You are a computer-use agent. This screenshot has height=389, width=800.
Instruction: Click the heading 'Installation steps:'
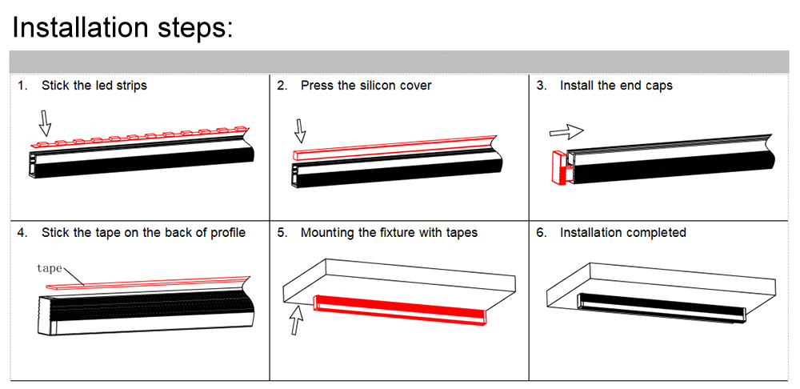122,27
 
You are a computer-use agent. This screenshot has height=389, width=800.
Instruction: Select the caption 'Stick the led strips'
94,86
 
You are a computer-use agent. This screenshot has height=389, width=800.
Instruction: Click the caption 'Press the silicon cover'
366,86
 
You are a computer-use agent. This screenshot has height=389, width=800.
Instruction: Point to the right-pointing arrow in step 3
566,130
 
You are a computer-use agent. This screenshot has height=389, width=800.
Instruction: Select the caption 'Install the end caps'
616,86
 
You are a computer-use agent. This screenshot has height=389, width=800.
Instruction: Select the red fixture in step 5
400,311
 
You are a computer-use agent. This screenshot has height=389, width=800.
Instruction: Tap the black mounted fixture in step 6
660,305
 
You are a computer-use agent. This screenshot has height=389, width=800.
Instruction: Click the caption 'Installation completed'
622,233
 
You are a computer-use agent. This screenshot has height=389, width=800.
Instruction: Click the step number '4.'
23,233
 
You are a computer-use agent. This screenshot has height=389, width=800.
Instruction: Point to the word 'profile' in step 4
228,233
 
